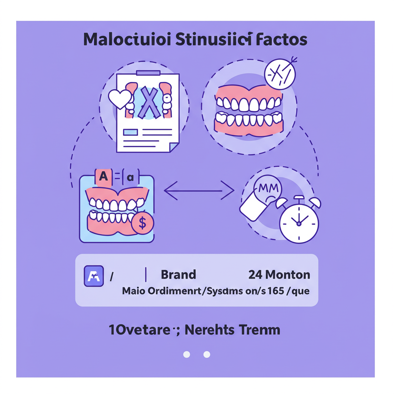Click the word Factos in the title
(x=281, y=40)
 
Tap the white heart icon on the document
(x=120, y=99)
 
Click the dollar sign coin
(x=142, y=222)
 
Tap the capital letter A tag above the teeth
(x=103, y=177)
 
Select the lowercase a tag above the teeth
(x=130, y=177)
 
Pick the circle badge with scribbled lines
(x=280, y=74)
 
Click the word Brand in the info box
(x=178, y=275)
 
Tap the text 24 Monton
(x=279, y=275)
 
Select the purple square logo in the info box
(x=94, y=276)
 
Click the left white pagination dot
(x=187, y=354)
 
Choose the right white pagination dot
(x=207, y=354)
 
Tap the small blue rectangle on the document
(x=130, y=132)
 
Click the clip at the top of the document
(x=149, y=73)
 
